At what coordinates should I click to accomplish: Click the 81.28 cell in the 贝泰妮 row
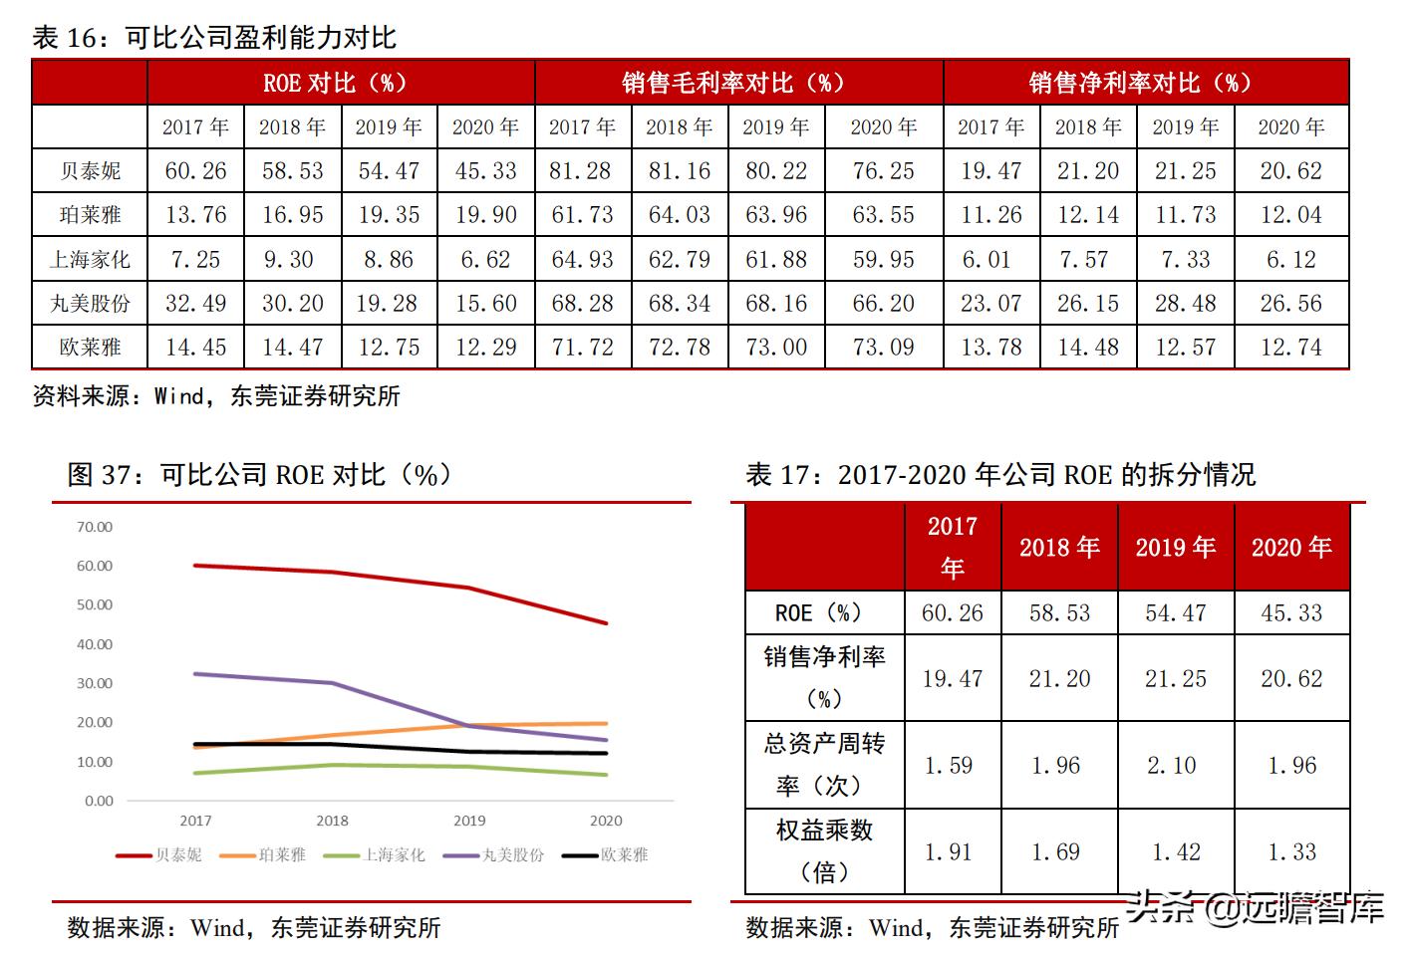tap(582, 171)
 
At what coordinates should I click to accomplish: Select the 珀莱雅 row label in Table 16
tap(90, 215)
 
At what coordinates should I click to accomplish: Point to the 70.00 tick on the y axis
tap(95, 527)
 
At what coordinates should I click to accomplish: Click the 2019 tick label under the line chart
tap(469, 821)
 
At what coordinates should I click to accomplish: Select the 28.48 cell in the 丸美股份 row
tap(1185, 304)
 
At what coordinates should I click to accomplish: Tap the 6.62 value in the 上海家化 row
tap(486, 260)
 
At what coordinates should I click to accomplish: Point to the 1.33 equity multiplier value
tap(1291, 851)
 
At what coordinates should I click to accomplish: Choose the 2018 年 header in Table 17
tap(1059, 547)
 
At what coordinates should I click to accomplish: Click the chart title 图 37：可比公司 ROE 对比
tap(259, 475)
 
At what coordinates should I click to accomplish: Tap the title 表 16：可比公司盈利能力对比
tap(214, 38)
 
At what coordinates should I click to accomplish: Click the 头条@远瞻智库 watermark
tap(1256, 907)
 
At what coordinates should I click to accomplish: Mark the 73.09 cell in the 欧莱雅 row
tap(883, 348)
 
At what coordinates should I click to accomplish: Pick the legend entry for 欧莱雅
tap(608, 854)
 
